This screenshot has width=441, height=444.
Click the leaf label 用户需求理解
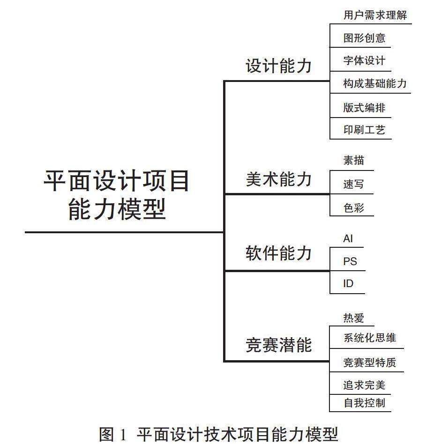[x=375, y=15]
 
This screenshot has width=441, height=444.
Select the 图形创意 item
[x=364, y=38]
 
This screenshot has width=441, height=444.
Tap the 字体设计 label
[x=364, y=61]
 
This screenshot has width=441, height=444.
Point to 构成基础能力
[x=374, y=84]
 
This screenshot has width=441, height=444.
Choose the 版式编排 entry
[x=364, y=108]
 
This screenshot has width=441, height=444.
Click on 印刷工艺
[x=364, y=130]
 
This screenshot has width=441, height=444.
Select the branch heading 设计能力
[x=278, y=66]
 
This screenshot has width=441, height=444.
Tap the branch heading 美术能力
[x=278, y=179]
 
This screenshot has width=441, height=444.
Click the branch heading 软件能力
[x=278, y=253]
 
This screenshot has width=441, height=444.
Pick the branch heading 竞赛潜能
[x=278, y=345]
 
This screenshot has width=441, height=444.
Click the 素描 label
[x=353, y=161]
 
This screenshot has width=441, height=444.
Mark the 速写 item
[x=353, y=185]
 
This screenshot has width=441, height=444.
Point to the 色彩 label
[x=353, y=208]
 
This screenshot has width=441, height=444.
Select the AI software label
[x=348, y=239]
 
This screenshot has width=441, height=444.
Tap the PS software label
[x=350, y=261]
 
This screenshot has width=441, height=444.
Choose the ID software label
[x=348, y=284]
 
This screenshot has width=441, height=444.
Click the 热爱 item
[x=353, y=318]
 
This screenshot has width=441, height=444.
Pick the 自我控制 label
[x=364, y=403]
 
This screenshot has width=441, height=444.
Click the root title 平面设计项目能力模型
[x=117, y=194]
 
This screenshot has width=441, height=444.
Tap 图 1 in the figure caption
[x=112, y=434]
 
